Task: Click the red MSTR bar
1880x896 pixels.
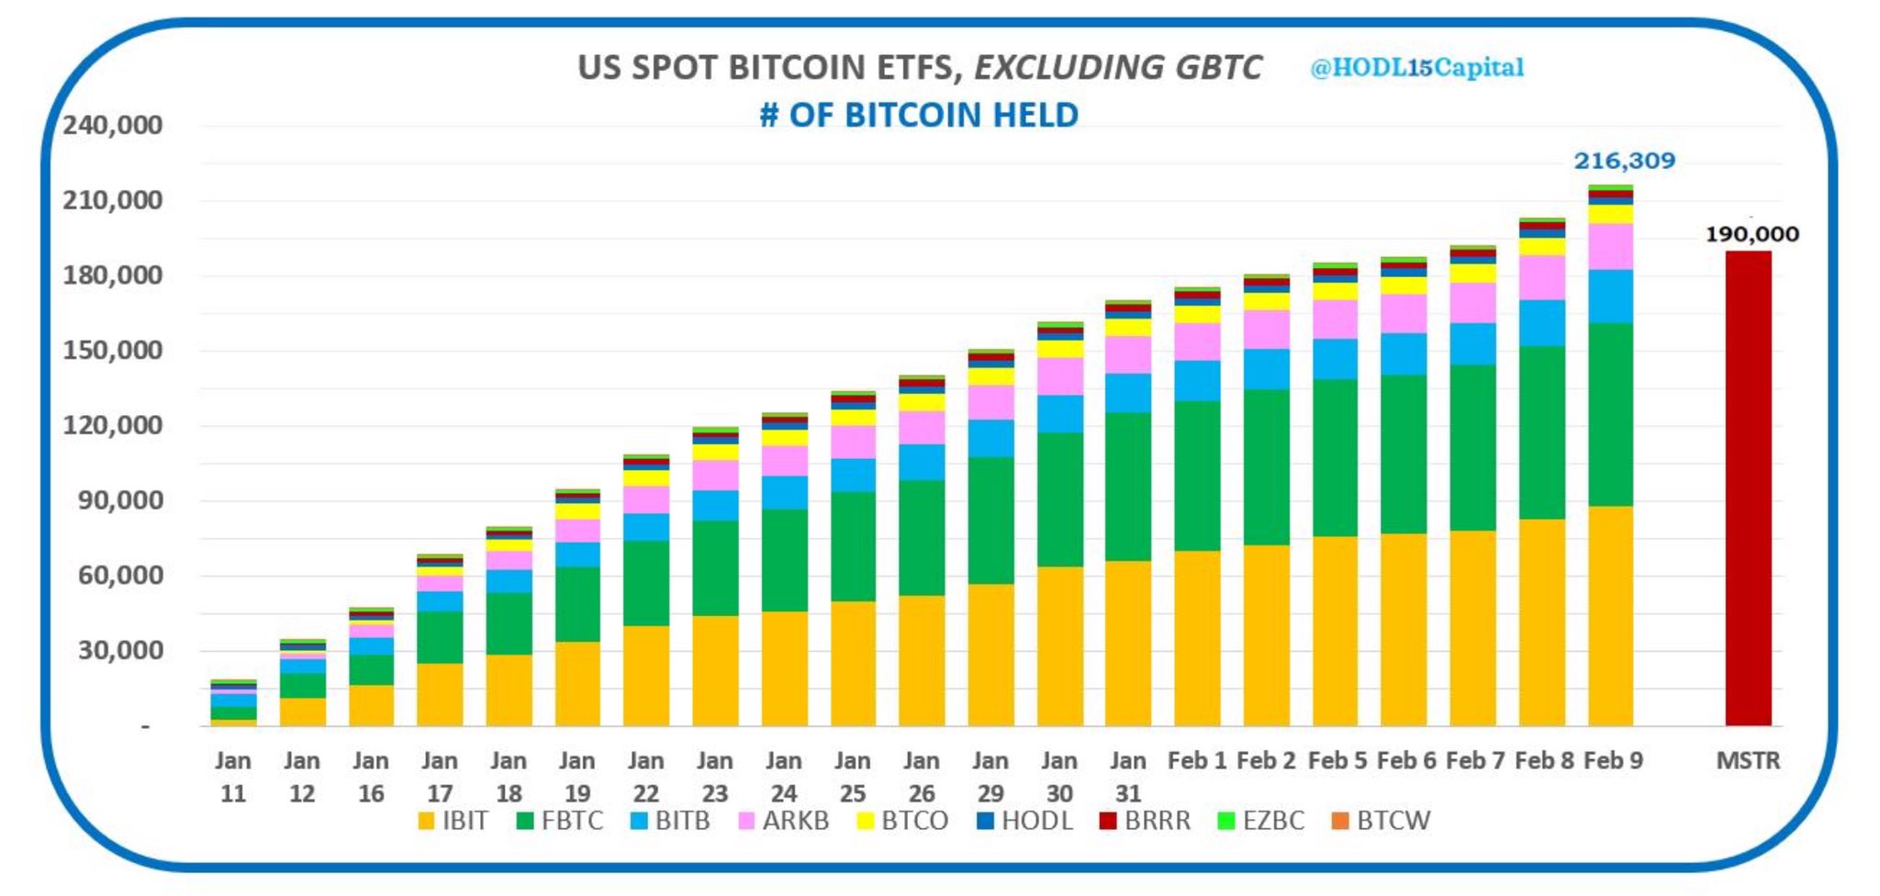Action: (1748, 487)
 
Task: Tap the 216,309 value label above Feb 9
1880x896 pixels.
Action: (1624, 161)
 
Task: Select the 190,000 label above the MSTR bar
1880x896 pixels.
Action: (1751, 234)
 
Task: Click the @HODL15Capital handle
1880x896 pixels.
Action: (1416, 67)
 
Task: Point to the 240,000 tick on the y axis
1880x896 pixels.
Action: (112, 125)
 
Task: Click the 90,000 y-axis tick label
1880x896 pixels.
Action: (112, 500)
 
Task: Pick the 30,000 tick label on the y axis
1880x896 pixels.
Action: (112, 651)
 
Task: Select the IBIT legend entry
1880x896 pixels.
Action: (453, 821)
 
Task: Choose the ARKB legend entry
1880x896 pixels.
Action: (784, 821)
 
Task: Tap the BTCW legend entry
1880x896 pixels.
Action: (1382, 821)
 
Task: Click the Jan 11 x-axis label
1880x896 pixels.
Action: (233, 777)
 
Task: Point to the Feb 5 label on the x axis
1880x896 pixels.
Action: (1337, 761)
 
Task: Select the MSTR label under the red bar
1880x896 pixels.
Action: (1748, 761)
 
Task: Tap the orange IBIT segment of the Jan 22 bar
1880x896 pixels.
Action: (646, 675)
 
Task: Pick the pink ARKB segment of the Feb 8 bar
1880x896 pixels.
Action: (1542, 277)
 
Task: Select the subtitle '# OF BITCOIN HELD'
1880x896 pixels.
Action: (919, 115)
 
